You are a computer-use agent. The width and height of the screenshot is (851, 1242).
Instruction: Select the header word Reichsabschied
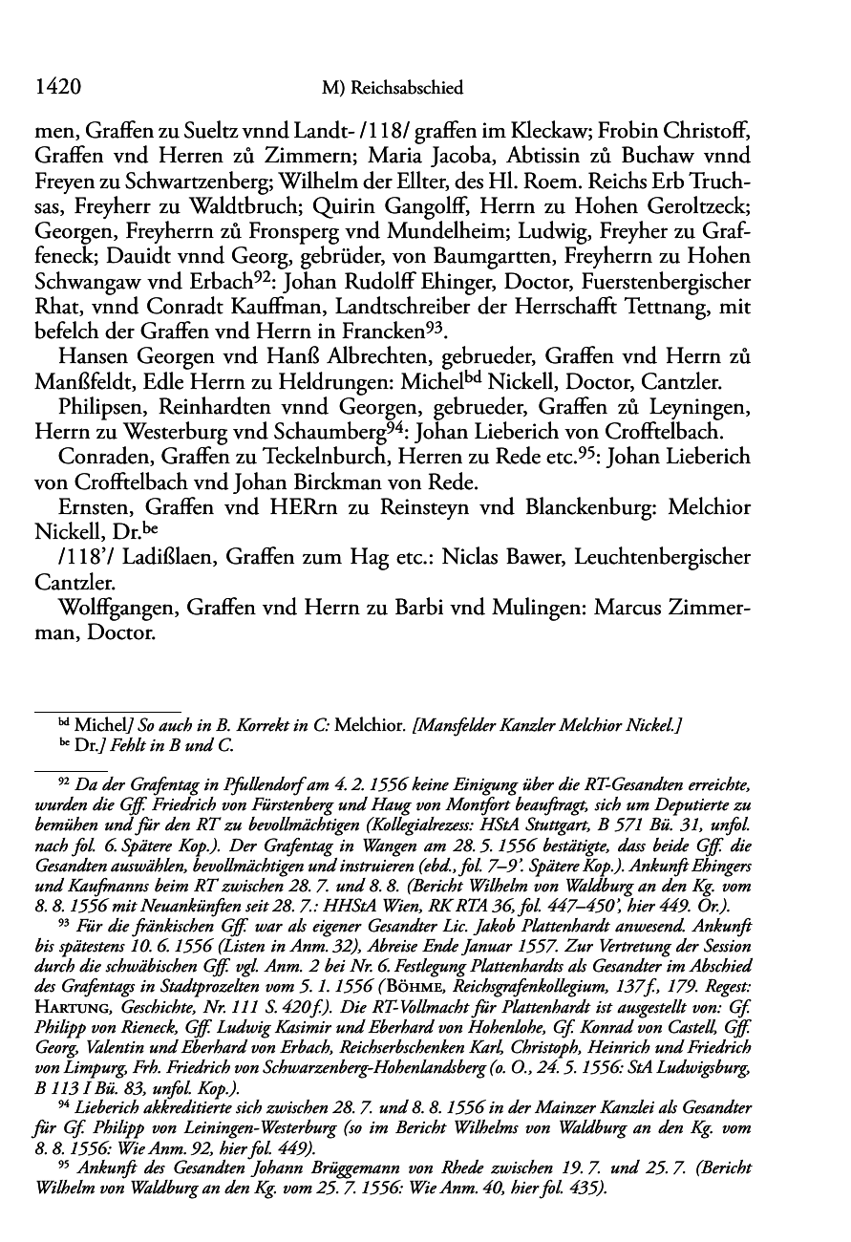tap(406, 89)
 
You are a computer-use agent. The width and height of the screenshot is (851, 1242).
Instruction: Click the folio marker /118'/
tap(86, 556)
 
